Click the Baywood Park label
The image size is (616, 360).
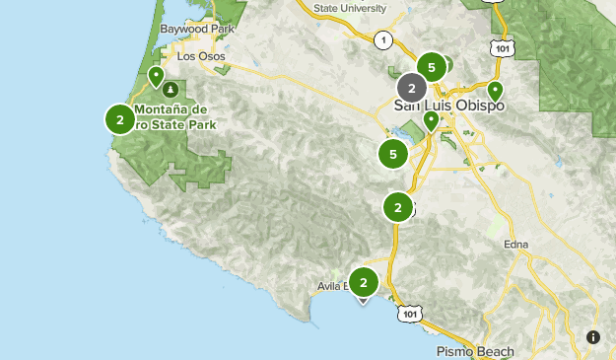click(x=198, y=30)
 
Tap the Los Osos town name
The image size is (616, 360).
click(x=201, y=56)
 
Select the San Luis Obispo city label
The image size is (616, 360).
click(x=449, y=106)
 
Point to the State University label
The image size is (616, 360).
click(x=352, y=9)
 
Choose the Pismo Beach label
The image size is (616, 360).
click(x=475, y=351)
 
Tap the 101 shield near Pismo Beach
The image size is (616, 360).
click(x=411, y=313)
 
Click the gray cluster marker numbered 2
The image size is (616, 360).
click(x=412, y=88)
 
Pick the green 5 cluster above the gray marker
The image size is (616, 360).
click(x=431, y=67)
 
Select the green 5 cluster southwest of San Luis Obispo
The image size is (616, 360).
click(x=393, y=154)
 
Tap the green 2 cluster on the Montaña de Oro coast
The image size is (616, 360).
click(x=119, y=120)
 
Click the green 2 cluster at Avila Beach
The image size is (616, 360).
click(x=364, y=283)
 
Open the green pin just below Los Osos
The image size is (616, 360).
click(x=156, y=75)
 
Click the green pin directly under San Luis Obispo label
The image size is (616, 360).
click(x=431, y=120)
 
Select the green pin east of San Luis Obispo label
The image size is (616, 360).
click(x=495, y=91)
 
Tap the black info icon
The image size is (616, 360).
click(x=593, y=337)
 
